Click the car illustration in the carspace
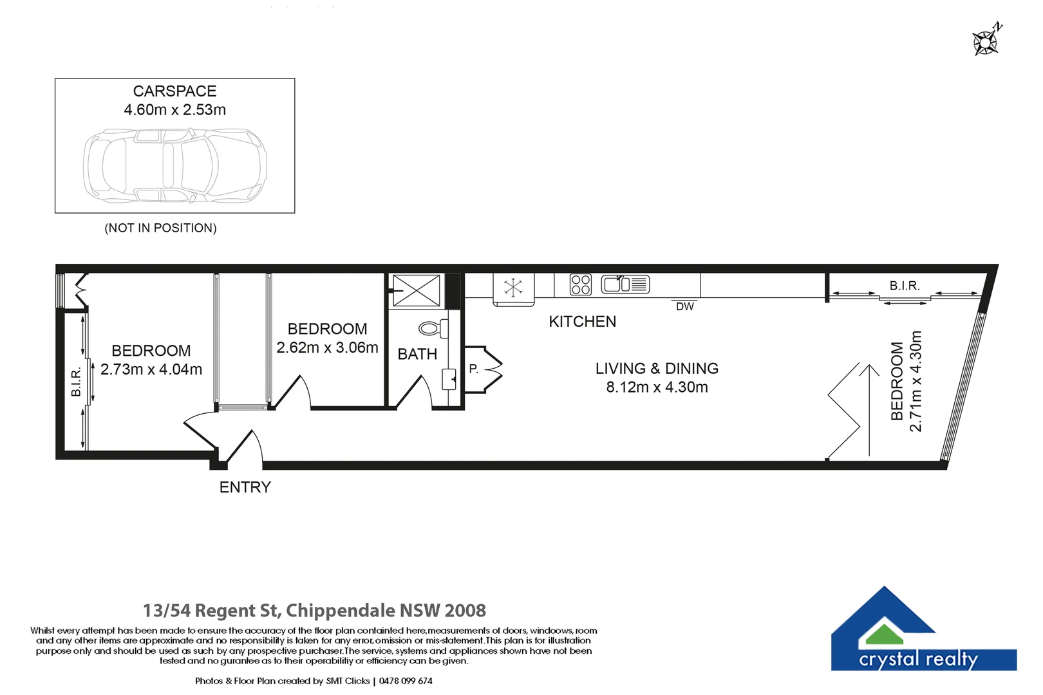[174, 165]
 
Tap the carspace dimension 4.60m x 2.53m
[174, 110]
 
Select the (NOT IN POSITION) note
[160, 228]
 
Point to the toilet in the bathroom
[433, 329]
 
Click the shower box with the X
[417, 290]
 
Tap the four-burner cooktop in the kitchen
[580, 284]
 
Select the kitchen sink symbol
[625, 284]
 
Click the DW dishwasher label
[684, 307]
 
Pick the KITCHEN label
[582, 322]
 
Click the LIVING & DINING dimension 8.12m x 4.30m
[657, 387]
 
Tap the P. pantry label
[474, 369]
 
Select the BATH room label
[417, 354]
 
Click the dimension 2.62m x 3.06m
[327, 347]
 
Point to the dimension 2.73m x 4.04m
[151, 369]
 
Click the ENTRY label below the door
[245, 487]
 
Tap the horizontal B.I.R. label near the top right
[904, 286]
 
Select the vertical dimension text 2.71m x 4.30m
[916, 381]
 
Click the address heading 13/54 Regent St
[314, 610]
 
